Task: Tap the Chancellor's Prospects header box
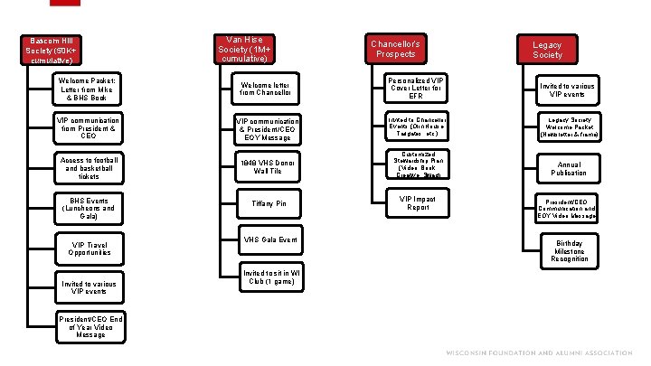(396, 49)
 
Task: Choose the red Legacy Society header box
(547, 49)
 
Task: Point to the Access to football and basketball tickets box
(89, 167)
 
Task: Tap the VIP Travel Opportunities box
(89, 247)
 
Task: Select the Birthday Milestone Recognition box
(569, 250)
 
